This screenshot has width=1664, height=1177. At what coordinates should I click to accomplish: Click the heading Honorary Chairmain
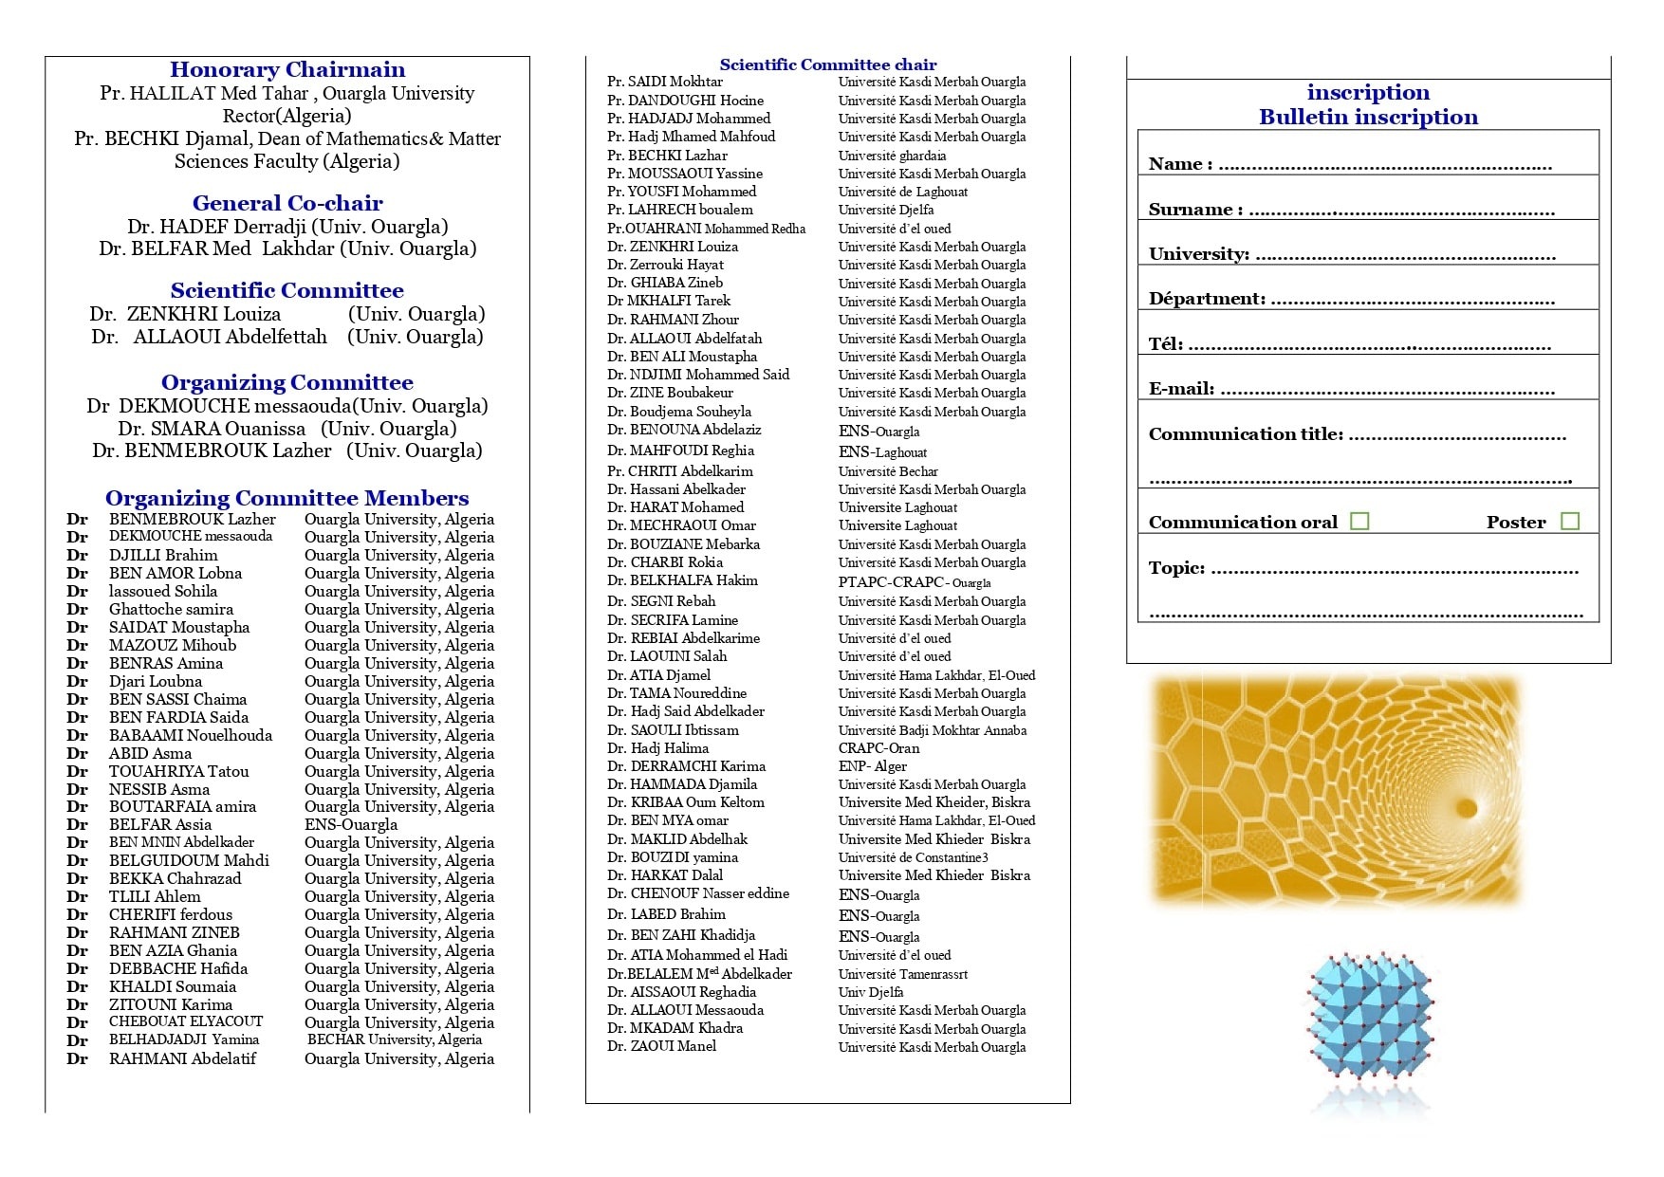pyautogui.click(x=287, y=69)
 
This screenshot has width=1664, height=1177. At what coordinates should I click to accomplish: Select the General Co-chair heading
pyautogui.click(x=287, y=203)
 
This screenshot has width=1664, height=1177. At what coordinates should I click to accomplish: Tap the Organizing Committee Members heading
pyautogui.click(x=287, y=498)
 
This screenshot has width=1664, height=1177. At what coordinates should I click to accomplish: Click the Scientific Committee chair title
pyautogui.click(x=827, y=64)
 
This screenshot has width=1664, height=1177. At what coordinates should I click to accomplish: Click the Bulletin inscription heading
pyautogui.click(x=1368, y=117)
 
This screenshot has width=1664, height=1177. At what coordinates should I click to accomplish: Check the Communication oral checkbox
pyautogui.click(x=1359, y=521)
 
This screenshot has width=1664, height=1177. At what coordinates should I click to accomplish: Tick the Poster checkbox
pyautogui.click(x=1570, y=521)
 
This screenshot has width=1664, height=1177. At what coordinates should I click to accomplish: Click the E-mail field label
pyautogui.click(x=1181, y=388)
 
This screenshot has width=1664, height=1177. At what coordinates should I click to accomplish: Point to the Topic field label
pyautogui.click(x=1176, y=567)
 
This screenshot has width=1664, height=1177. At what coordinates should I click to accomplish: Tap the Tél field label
pyautogui.click(x=1166, y=343)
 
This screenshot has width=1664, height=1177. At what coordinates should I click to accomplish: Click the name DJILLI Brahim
pyautogui.click(x=163, y=555)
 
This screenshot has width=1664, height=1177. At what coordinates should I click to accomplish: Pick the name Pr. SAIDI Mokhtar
pyautogui.click(x=665, y=82)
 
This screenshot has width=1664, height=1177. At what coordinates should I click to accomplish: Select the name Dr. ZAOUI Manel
pyautogui.click(x=662, y=1046)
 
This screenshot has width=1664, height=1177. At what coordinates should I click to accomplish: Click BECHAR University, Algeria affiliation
pyautogui.click(x=394, y=1039)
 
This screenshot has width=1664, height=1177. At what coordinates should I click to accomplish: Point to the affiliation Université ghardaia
pyautogui.click(x=892, y=156)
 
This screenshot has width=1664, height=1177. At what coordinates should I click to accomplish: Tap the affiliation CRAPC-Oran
pyautogui.click(x=878, y=748)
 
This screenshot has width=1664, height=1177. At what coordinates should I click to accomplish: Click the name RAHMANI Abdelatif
pyautogui.click(x=182, y=1058)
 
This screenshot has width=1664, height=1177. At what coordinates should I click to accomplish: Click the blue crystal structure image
pyautogui.click(x=1369, y=1029)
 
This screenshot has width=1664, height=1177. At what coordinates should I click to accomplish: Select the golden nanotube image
pyautogui.click(x=1334, y=790)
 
